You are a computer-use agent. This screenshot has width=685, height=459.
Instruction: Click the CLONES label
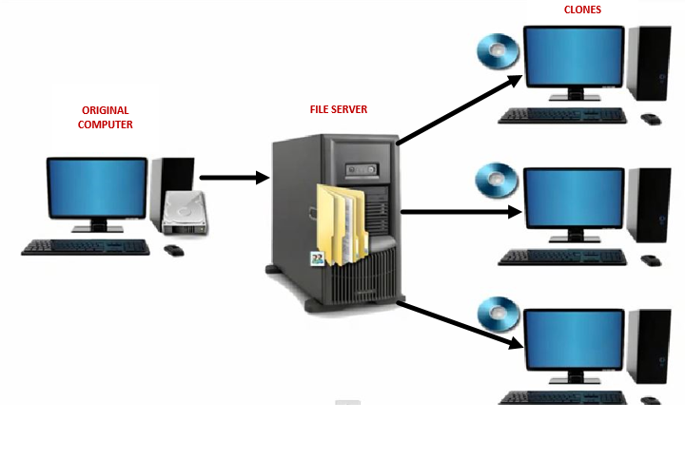pyautogui.click(x=582, y=10)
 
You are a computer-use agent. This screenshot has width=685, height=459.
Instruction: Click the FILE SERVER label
pyautogui.click(x=338, y=110)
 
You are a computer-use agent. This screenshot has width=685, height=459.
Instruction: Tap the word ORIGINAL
pyautogui.click(x=105, y=111)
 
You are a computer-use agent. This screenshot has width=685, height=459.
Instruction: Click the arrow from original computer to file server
pyautogui.click(x=234, y=177)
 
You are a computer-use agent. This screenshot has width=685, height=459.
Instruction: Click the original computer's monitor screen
pyautogui.click(x=97, y=189)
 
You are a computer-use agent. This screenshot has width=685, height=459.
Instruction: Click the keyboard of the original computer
pyautogui.click(x=86, y=247)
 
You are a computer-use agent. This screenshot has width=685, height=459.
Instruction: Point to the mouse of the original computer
pyautogui.click(x=174, y=249)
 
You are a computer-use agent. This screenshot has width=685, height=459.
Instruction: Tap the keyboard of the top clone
pyautogui.click(x=562, y=116)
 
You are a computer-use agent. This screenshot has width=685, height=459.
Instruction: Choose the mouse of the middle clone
pyautogui.click(x=651, y=259)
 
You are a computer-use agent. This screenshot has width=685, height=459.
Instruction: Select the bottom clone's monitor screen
pyautogui.click(x=575, y=337)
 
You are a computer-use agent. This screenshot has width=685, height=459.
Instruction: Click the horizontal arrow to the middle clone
pyautogui.click(x=461, y=212)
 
